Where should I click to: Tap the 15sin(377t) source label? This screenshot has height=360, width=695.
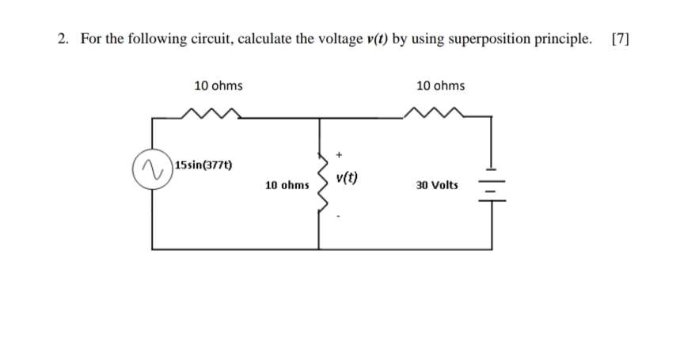click(x=203, y=165)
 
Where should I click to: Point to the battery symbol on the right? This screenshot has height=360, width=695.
click(x=492, y=185)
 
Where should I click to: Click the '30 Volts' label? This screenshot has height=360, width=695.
click(x=436, y=184)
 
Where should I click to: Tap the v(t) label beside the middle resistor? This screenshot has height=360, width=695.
click(x=347, y=178)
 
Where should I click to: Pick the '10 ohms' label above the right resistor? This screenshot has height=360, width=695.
click(x=440, y=85)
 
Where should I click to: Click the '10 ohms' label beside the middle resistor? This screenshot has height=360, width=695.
click(x=287, y=185)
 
